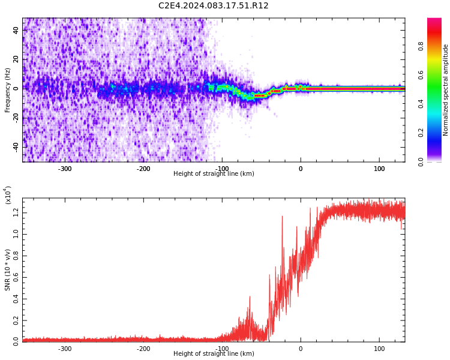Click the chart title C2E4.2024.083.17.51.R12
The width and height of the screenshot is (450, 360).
pos(213,6)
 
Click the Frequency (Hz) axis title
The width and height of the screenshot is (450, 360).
pos(8,90)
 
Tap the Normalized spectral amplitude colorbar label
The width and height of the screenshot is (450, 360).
pos(446,90)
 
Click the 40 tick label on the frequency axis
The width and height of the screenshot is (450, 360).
pos(16,30)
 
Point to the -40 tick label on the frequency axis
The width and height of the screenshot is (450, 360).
pos(15,146)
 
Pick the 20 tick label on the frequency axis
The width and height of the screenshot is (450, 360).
pos(16,59)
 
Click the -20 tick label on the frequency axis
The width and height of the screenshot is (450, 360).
pos(15,118)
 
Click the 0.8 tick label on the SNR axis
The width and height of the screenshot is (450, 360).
pos(16,255)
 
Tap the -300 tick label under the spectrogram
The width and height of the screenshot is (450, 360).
pos(64,169)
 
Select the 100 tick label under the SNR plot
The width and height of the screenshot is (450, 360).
pos(379,349)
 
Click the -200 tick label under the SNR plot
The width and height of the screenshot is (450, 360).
pos(143,349)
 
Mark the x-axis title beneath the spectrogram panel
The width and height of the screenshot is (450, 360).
pos(214,174)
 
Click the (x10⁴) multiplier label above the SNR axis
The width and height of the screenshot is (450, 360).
pos(8,195)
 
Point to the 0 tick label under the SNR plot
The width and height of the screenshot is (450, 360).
pos(301,349)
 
